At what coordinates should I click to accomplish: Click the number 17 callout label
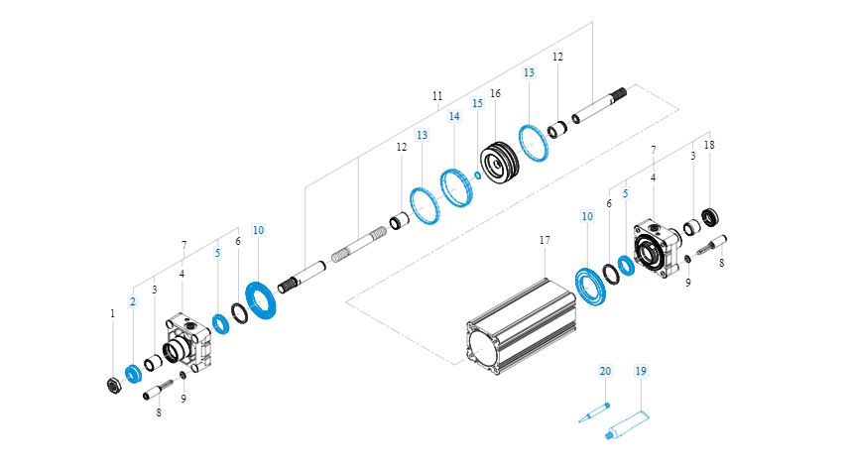click(544, 240)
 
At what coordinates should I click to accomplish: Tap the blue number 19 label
click(641, 371)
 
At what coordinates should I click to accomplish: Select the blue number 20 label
click(605, 371)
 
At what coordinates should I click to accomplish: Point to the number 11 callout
click(437, 96)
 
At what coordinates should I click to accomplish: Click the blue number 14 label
click(454, 116)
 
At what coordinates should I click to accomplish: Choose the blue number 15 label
click(477, 102)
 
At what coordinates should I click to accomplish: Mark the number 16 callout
click(495, 94)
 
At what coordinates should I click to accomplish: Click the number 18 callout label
click(708, 145)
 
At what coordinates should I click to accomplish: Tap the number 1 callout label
click(112, 313)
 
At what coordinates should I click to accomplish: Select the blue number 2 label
click(132, 301)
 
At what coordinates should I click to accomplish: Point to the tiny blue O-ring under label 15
click(478, 175)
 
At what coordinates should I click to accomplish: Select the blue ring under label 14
click(455, 188)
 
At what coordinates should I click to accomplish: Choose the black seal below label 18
click(710, 215)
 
